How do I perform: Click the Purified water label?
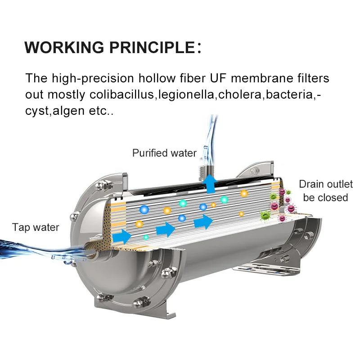(164, 153)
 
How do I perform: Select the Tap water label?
(36, 227)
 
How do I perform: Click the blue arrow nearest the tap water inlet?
(121, 236)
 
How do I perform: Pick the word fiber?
(190, 78)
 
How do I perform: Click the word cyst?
(36, 111)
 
